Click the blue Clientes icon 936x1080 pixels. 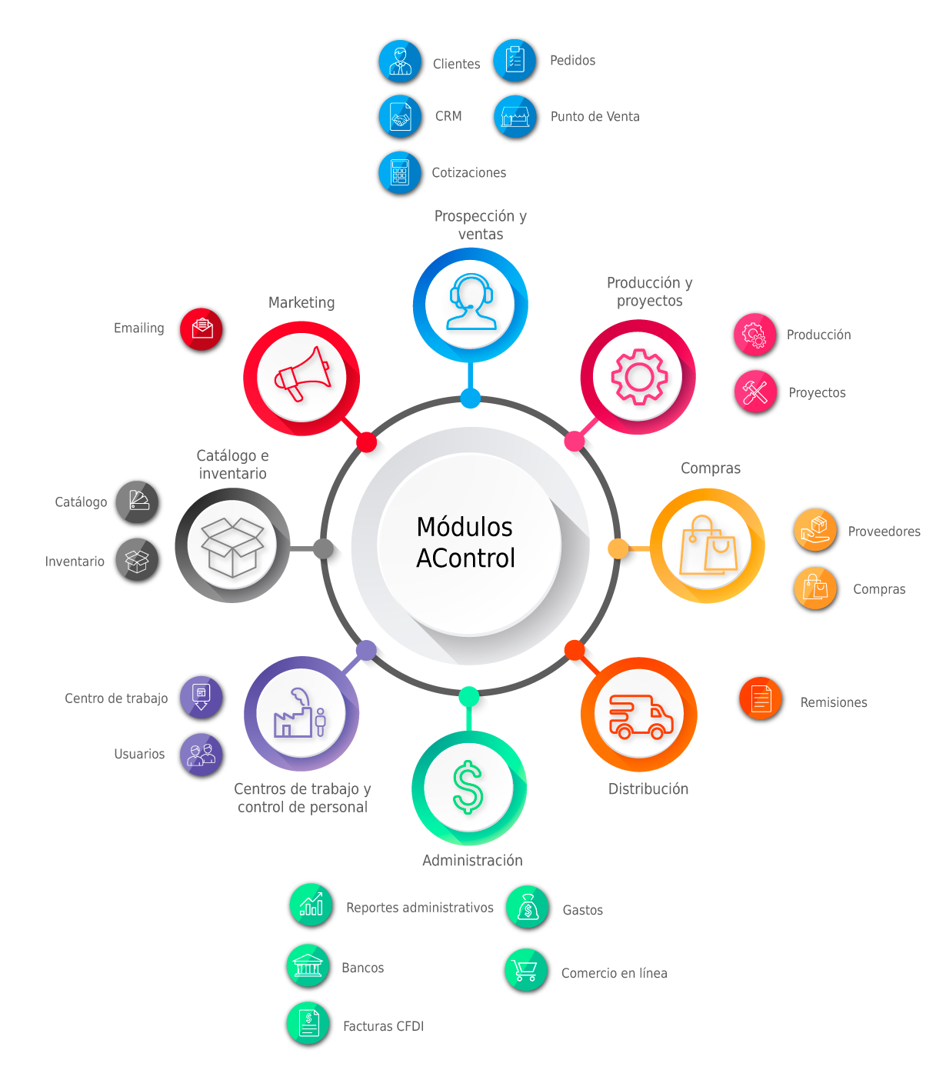click(400, 62)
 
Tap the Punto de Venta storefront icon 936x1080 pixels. click(515, 116)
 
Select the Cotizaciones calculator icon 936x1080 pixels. click(400, 172)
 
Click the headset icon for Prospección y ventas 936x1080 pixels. click(471, 303)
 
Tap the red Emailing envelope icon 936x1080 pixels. click(202, 329)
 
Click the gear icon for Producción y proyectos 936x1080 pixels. click(638, 377)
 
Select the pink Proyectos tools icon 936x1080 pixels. click(755, 392)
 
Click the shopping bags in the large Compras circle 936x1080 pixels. click(708, 545)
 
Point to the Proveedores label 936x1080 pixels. click(884, 532)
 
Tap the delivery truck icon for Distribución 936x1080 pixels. click(640, 716)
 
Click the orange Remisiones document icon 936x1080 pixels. click(761, 698)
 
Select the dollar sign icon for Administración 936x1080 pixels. click(468, 788)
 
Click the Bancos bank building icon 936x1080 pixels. click(308, 965)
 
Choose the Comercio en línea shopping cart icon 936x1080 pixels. click(526, 970)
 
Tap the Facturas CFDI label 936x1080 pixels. click(383, 1026)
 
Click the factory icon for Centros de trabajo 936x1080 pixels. click(301, 714)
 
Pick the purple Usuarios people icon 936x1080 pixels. click(202, 755)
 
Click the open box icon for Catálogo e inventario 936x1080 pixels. click(232, 545)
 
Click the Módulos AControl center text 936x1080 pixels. click(465, 542)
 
